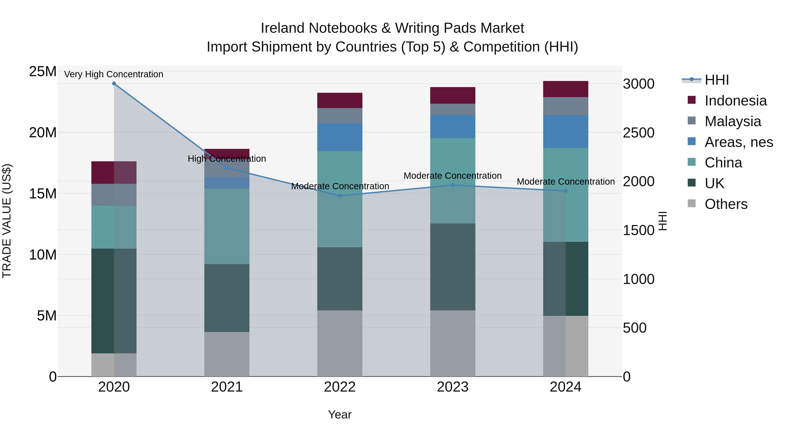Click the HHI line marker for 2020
114,84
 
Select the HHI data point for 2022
340,196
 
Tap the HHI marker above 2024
566,191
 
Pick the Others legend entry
726,204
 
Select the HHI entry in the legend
717,80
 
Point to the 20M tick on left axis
43,133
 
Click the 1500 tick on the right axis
638,230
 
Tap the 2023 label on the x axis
452,387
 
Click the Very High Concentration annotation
114,74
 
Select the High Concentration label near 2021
227,159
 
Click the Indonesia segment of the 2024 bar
566,89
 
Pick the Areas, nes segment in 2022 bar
340,137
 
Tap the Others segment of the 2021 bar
227,354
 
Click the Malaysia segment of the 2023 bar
452,109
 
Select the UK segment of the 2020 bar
103,301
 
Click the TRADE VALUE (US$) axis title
7,221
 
